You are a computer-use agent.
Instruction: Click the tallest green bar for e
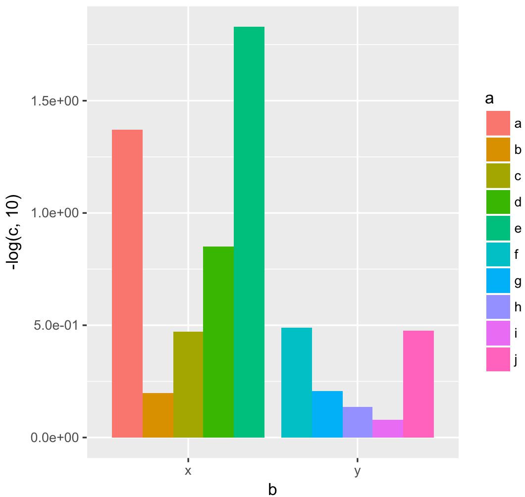coord(249,232)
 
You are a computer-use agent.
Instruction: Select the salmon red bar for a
coord(127,284)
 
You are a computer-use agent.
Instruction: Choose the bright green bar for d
coord(218,342)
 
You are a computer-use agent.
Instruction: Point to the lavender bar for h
coord(358,422)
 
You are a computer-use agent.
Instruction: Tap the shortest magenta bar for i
coord(388,428)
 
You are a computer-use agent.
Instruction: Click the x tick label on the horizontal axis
coord(188,471)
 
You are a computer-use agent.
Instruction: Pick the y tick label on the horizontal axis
coord(358,471)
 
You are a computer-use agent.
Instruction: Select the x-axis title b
coord(272,489)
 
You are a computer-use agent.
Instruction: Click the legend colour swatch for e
coord(498,228)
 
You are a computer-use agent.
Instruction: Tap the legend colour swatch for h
coord(498,307)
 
